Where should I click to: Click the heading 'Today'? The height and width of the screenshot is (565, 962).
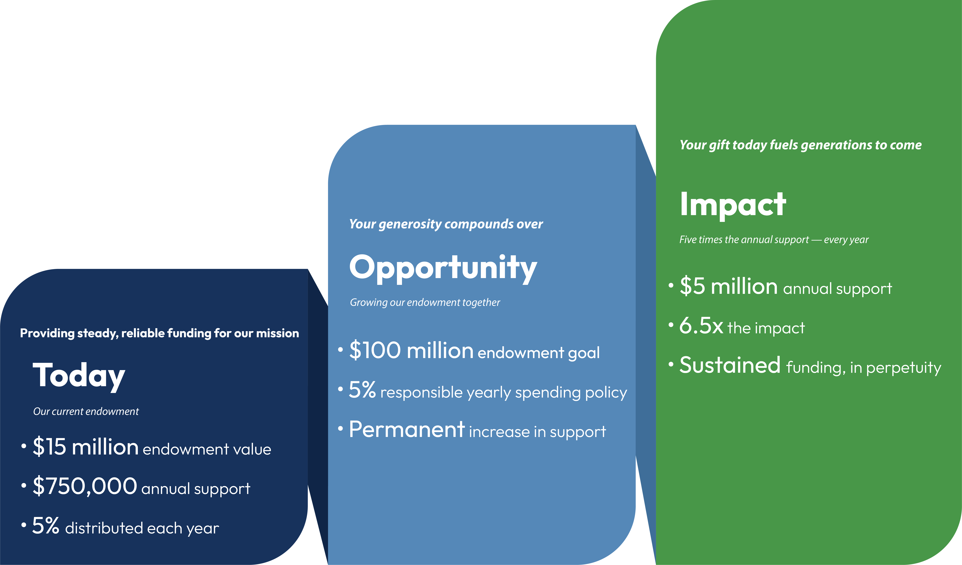coord(79,376)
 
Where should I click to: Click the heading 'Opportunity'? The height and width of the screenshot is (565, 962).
coord(443,269)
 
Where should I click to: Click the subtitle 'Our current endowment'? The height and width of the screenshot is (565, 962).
coord(86,411)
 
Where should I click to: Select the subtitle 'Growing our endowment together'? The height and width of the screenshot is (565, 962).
coord(425,303)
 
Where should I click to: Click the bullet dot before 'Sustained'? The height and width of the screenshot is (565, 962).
coord(671,364)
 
